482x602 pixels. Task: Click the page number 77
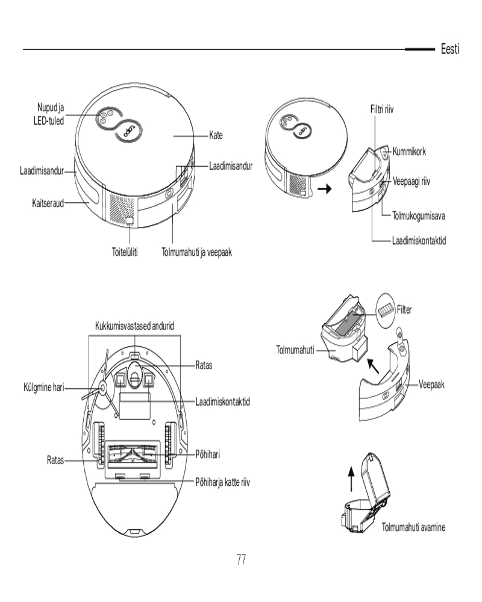pos(240,559)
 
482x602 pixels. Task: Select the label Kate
pos(216,136)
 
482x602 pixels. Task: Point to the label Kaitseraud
pos(48,203)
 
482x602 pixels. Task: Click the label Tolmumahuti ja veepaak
pos(196,252)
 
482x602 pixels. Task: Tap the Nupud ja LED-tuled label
pos(50,114)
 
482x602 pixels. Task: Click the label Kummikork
pos(408,152)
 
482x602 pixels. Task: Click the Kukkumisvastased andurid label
pos(135,326)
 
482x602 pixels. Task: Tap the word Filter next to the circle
pos(403,309)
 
